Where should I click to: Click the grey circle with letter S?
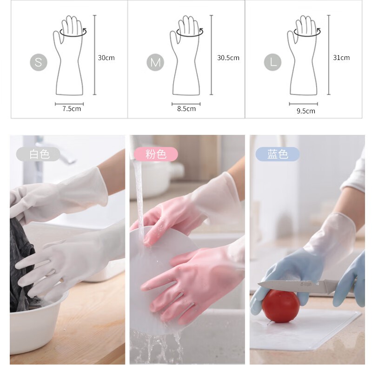tap(39, 62)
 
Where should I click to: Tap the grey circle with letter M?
tap(155, 62)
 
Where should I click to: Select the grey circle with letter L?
tap(273, 62)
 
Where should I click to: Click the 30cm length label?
tap(106, 58)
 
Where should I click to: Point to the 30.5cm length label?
tap(228, 58)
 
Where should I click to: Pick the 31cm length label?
tap(341, 58)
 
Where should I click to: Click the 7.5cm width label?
tap(72, 109)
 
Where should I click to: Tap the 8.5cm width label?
tap(186, 109)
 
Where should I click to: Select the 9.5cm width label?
tap(306, 111)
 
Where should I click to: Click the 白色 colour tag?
tap(39, 154)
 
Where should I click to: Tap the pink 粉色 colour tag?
tap(156, 154)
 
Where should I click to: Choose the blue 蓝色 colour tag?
tap(278, 154)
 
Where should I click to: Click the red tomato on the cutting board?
tap(280, 306)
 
